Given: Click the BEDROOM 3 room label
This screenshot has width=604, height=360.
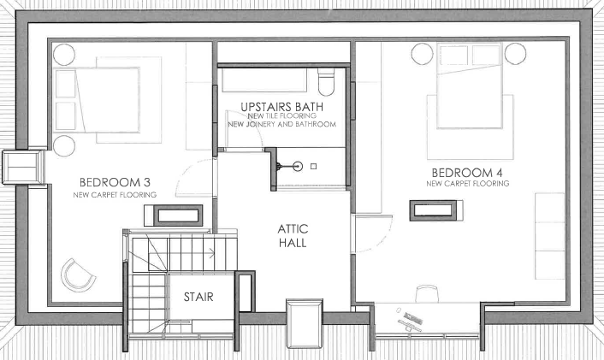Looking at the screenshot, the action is pos(115,182).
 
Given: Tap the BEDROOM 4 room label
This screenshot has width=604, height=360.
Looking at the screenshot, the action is pos(467,173).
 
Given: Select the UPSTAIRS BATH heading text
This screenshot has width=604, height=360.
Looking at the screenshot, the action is pos(282,107).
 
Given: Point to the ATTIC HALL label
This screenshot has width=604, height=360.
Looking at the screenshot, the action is pos(293,236).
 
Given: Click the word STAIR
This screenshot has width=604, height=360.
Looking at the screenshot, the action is pos(198,297).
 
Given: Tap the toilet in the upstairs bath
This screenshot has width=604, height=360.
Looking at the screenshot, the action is pos(326,82).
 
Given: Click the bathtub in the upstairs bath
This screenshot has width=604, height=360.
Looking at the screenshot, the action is pos(264,80).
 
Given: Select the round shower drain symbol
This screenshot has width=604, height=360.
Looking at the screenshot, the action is pos(298,167).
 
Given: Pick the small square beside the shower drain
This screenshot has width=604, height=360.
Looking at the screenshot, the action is pos(314,167).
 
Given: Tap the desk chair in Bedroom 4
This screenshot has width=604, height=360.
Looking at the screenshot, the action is pos(427,293).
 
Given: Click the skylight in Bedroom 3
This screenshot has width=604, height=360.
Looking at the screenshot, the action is pos(178,215).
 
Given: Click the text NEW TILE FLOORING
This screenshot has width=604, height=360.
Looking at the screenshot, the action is pos(282,116).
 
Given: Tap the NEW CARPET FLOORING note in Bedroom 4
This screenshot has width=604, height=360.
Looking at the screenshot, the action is pos(468,184).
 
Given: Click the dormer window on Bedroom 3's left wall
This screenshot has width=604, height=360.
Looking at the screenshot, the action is pos(23,167).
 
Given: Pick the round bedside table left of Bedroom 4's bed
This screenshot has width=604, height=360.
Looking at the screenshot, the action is pos(422,54).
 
